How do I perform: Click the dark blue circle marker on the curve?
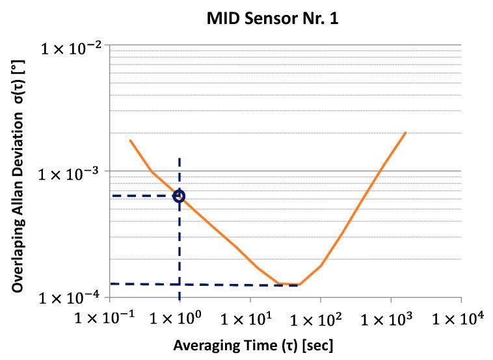pyautogui.click(x=179, y=196)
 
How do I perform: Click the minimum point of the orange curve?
pyautogui.click(x=289, y=285)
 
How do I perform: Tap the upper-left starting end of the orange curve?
pyautogui.click(x=130, y=140)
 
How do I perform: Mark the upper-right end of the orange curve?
pyautogui.click(x=406, y=133)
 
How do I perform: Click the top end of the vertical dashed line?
pyautogui.click(x=179, y=159)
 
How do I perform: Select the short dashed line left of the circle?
pyautogui.click(x=140, y=196)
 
